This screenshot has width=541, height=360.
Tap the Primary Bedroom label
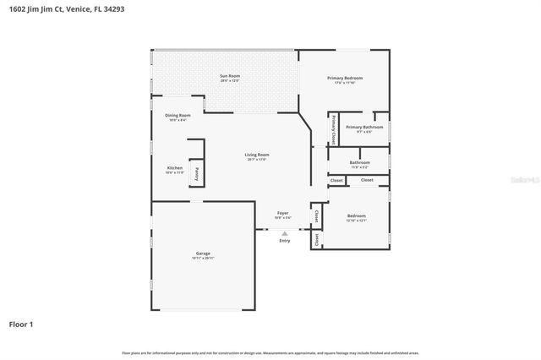point(344,78)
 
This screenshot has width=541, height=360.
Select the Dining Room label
point(178,115)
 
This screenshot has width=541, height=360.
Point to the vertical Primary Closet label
point(334,129)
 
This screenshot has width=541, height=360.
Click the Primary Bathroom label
point(363,127)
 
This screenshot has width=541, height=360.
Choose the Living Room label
point(257,155)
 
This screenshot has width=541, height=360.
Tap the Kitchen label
point(174,168)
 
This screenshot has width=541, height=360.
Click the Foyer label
point(283,213)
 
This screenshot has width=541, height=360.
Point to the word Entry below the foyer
point(284,241)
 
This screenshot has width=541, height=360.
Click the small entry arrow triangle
point(284,233)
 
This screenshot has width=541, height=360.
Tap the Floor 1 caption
point(21,324)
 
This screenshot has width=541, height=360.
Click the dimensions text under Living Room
point(257,160)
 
